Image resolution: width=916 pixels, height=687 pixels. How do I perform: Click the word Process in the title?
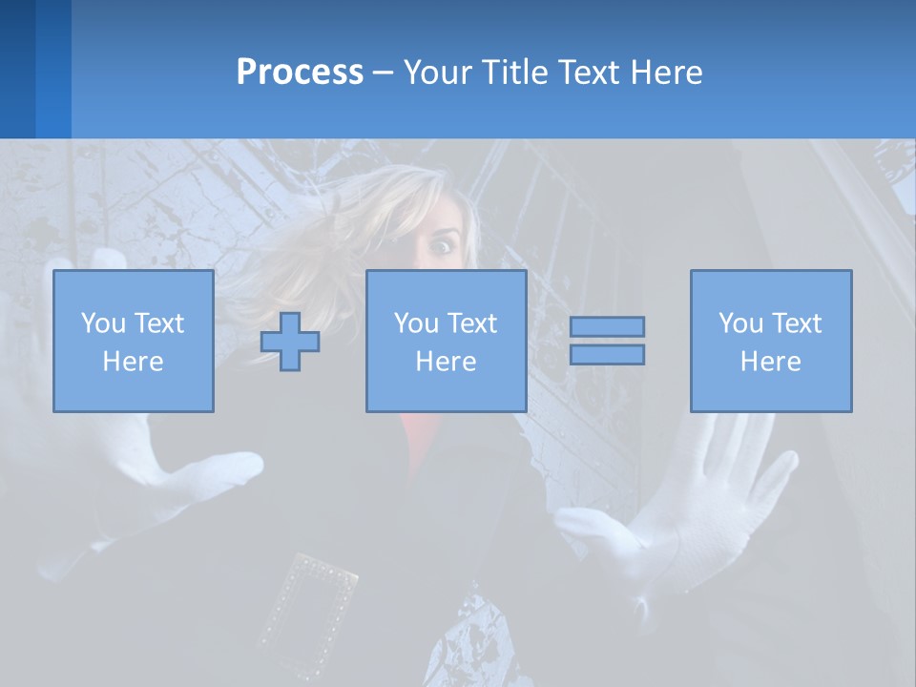300,73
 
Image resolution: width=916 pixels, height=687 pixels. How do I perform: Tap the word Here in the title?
664,73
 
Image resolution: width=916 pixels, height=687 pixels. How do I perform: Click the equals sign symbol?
607,341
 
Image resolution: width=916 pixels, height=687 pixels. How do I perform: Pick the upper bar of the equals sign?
607,327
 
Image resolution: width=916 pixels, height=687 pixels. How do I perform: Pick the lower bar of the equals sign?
607,354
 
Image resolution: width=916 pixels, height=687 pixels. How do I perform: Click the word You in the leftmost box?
101,323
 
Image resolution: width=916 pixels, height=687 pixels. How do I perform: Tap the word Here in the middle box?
447,362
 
